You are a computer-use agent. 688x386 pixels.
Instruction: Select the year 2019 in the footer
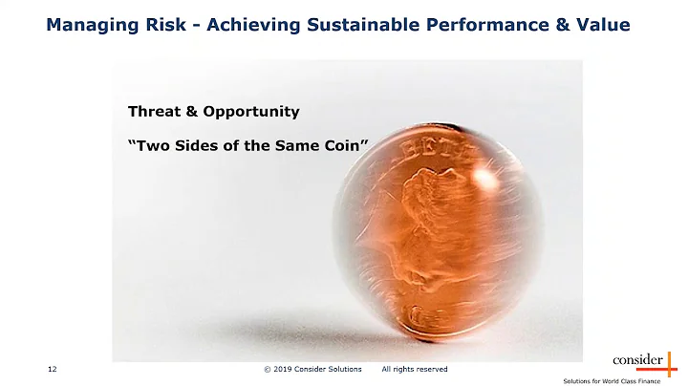[x=287, y=369]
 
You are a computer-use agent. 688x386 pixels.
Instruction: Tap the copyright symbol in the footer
[x=267, y=369]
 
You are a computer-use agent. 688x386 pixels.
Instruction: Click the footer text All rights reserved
[x=414, y=369]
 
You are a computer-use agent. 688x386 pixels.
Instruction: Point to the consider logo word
[x=636, y=360]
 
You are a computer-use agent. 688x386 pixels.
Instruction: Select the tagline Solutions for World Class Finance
[x=625, y=379]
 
